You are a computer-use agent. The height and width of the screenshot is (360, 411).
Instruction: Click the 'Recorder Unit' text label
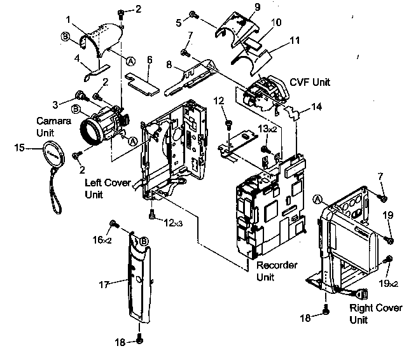[277, 270]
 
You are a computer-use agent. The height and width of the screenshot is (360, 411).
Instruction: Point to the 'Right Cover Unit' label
[376, 314]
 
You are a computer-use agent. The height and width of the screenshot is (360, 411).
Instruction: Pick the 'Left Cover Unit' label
[107, 188]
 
